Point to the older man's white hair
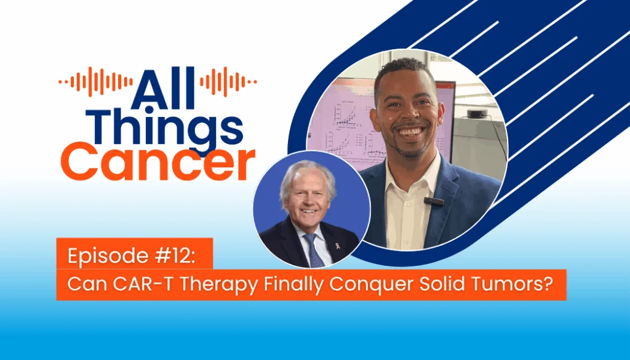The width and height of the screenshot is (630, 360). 306,173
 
